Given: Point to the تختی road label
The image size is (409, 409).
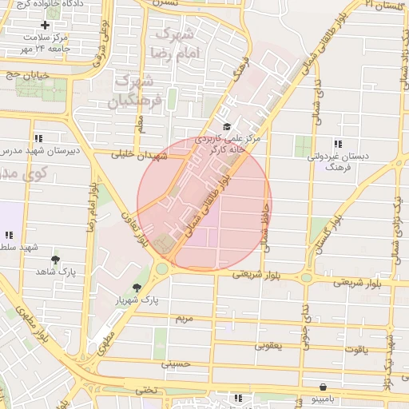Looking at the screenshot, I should click(145, 390).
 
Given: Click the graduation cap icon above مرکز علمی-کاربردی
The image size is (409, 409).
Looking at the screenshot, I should click(227, 126).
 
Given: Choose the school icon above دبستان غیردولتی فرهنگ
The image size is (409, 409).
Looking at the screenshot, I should click(338, 144).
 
